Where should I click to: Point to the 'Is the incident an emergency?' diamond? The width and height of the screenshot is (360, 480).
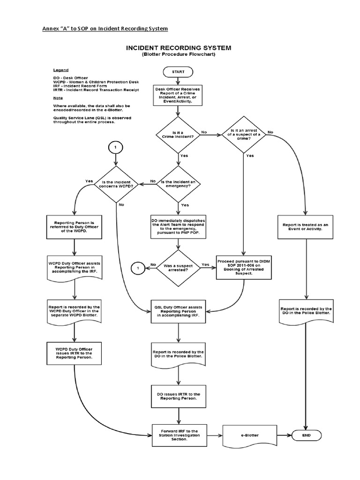pos(178,184)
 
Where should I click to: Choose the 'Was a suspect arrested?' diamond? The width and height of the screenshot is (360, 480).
pos(178,268)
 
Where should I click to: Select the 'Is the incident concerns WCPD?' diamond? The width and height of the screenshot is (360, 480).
pos(116,184)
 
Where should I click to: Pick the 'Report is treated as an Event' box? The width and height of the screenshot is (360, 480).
pos(306,227)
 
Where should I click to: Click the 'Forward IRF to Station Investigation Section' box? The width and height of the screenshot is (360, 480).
pos(179,435)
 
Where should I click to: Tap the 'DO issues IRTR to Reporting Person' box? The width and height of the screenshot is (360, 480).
pos(178,397)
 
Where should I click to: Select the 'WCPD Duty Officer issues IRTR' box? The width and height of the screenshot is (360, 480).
pos(75,353)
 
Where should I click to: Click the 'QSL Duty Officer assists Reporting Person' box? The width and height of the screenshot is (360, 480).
pos(178,311)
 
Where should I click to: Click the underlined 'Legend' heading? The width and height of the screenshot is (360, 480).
pos(60,70)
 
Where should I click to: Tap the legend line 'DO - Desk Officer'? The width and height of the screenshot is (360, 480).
pos(70,77)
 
